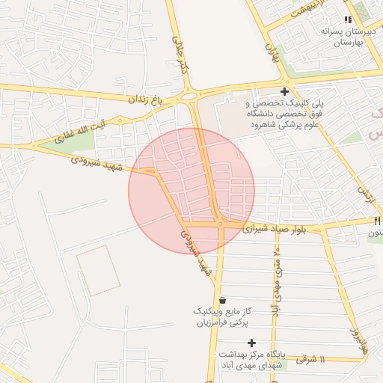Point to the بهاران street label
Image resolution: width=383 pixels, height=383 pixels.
[272, 52]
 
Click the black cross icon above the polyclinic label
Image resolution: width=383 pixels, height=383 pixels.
[284, 91]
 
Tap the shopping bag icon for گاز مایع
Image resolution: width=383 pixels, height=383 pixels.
[221, 300]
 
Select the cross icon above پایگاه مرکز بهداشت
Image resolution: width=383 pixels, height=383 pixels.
[251, 342]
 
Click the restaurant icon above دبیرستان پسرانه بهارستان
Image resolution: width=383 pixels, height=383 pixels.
[346, 19]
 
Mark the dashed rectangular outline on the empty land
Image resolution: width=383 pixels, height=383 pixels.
[97, 269]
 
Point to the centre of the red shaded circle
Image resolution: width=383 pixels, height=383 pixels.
[191, 191]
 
